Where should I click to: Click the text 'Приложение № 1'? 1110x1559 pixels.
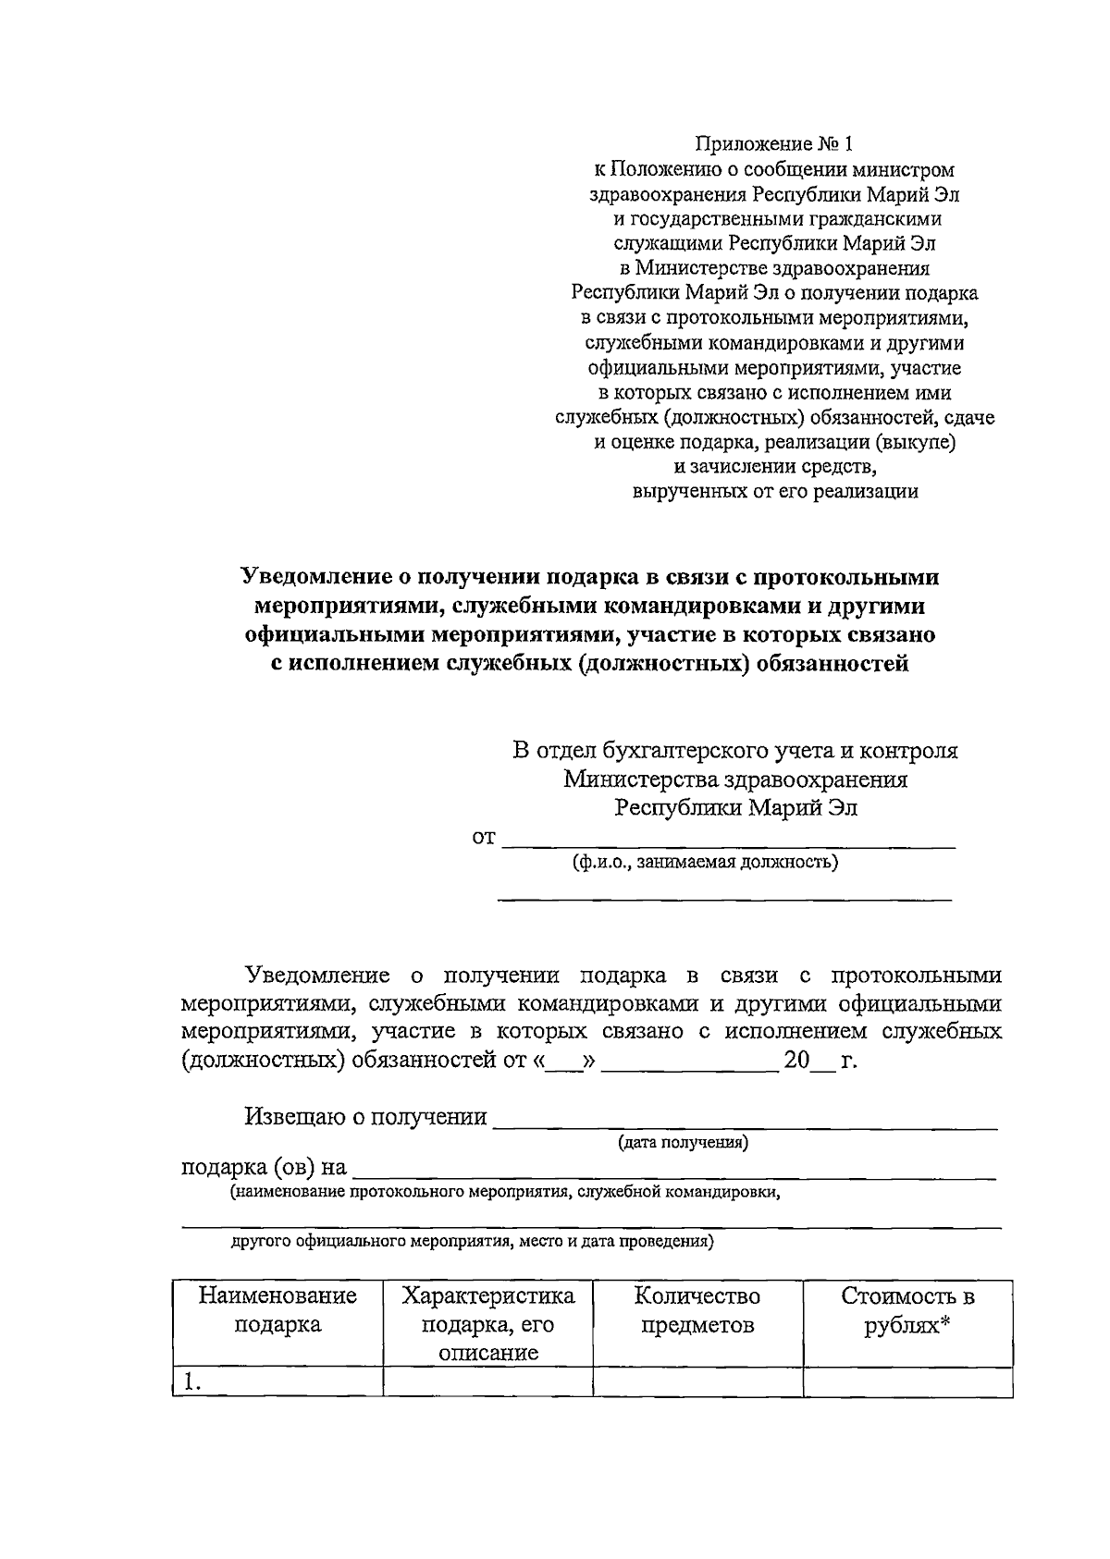coord(774,144)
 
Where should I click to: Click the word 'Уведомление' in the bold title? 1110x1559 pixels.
coord(316,577)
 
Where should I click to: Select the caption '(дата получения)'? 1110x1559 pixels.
coord(684,1143)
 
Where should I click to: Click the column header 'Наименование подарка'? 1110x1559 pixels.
coord(277,1309)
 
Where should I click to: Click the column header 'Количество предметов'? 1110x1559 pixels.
coord(697,1309)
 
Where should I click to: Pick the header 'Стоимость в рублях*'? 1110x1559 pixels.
coord(907,1309)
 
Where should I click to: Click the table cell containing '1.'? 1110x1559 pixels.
coord(277,1382)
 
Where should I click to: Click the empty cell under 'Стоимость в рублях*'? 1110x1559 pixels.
coord(907,1382)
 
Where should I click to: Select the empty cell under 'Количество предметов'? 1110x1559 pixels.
coord(697,1382)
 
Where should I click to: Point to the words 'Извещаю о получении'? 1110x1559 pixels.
coord(365,1117)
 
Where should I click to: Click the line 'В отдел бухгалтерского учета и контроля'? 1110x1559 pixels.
coord(735,750)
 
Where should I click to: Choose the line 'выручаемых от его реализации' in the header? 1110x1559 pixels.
coord(774,492)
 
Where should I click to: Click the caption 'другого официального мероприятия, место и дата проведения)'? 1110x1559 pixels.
coord(472,1242)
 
